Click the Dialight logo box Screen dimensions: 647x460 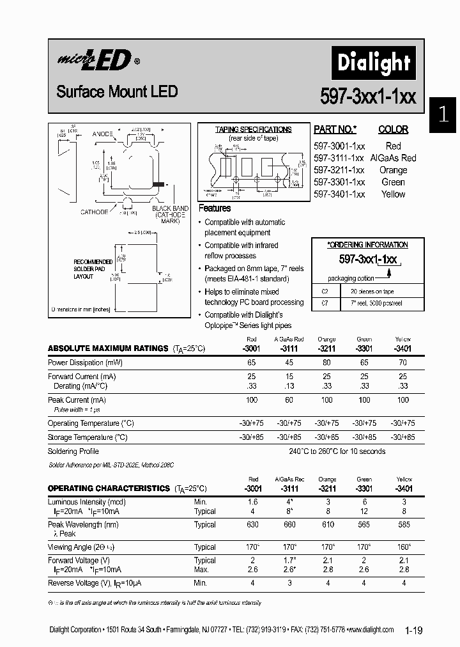click(x=373, y=63)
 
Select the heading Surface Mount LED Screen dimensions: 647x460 click(x=116, y=91)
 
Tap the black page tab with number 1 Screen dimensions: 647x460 click(x=443, y=115)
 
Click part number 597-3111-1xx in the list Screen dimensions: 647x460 click(x=339, y=158)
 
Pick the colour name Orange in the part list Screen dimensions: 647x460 click(x=393, y=170)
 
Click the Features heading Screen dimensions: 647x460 click(x=215, y=208)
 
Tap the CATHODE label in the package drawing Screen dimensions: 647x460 click(x=94, y=212)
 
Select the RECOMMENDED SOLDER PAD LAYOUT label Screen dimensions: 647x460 click(x=93, y=269)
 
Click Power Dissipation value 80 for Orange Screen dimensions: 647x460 click(x=326, y=362)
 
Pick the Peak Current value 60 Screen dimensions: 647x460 click(x=289, y=400)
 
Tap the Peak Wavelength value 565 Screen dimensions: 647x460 click(x=364, y=525)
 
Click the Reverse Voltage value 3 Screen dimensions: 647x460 click(x=289, y=583)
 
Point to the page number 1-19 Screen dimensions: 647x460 click(x=413, y=631)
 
